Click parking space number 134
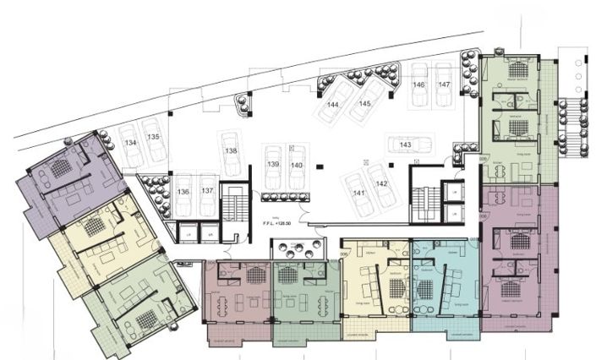(130, 144)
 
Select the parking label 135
(153, 136)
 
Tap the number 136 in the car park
(183, 192)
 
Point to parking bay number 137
(207, 192)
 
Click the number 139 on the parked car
(273, 164)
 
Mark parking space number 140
(296, 164)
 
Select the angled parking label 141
(359, 194)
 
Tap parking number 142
(381, 183)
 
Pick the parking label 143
(406, 145)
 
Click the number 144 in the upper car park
(334, 104)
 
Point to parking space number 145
(364, 103)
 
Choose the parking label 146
(418, 85)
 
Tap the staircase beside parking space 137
(231, 206)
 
